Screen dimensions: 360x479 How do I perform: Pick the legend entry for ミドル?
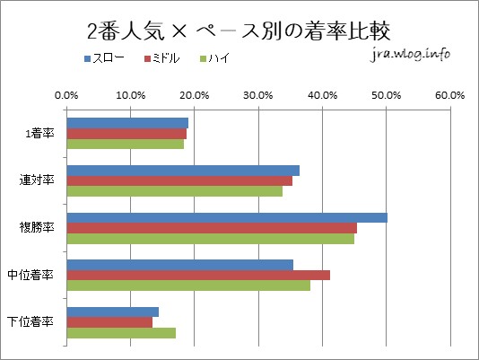coord(164,59)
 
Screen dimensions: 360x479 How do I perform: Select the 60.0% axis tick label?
coord(449,93)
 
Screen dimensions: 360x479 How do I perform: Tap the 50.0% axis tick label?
coord(386,93)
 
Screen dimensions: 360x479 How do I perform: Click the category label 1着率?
coord(40,133)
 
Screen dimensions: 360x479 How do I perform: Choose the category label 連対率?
coord(38,180)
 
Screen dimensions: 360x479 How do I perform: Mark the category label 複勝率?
coord(38,227)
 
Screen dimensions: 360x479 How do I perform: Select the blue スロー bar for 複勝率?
coord(227,217)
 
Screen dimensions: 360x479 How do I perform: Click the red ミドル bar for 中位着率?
coord(198,275)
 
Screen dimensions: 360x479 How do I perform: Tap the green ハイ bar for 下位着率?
coord(121,333)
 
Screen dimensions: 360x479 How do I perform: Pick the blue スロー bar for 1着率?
coord(127,123)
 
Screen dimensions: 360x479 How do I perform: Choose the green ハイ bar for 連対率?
coord(175,191)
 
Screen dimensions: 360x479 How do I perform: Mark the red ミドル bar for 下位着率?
coord(109,322)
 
